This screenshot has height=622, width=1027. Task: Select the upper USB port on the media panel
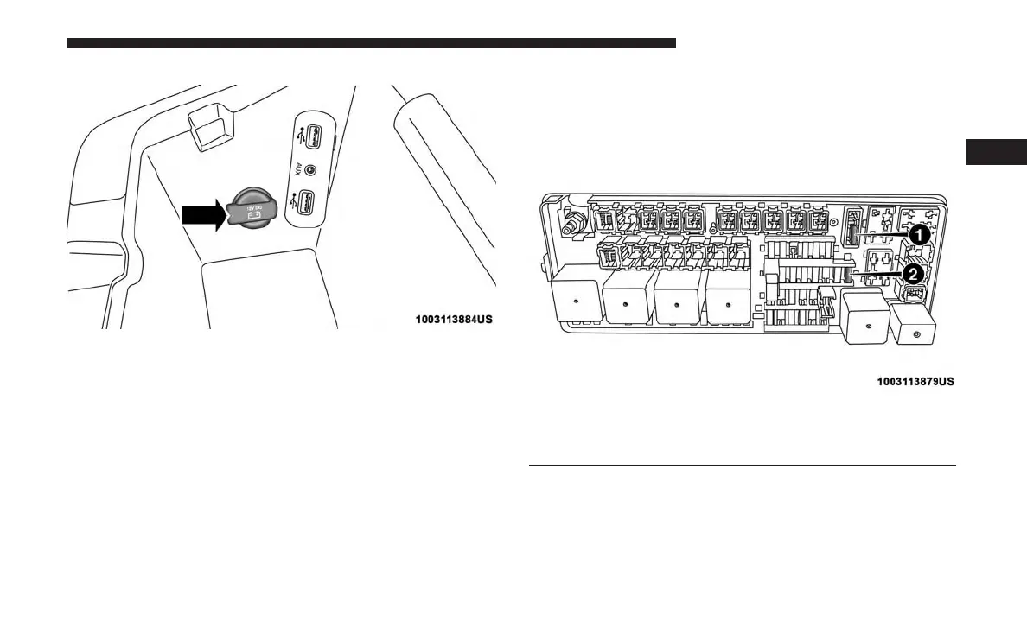point(313,136)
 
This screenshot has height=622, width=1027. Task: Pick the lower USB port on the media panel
point(313,205)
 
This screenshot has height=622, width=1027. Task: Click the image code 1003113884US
point(454,319)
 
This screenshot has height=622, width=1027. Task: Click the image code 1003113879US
point(915,381)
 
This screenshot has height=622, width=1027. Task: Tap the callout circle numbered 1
point(917,234)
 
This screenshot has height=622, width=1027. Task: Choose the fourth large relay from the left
point(730,303)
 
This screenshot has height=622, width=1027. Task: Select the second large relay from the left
point(628,304)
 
